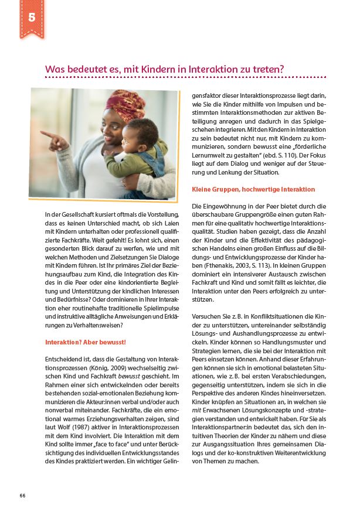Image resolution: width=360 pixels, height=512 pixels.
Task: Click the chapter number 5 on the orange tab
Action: click(31, 17)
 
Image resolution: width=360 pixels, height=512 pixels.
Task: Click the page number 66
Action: click(22, 495)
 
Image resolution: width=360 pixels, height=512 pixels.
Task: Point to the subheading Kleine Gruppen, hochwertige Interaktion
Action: click(253, 189)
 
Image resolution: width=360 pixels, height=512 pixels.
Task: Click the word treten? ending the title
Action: click(269, 69)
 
